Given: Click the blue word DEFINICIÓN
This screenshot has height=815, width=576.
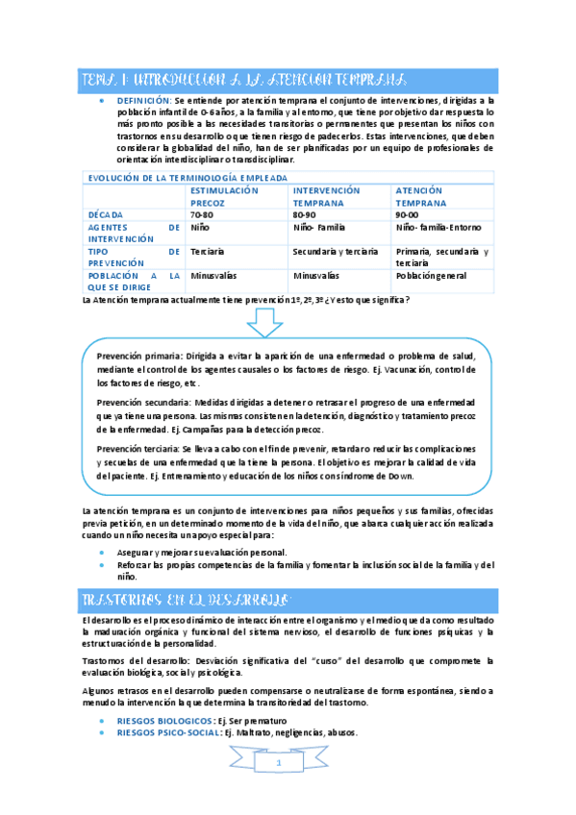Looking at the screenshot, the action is (x=144, y=99).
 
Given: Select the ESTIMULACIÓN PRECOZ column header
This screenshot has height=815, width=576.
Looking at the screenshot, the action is (x=224, y=197).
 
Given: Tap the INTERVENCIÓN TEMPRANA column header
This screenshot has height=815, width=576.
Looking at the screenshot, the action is (x=326, y=197).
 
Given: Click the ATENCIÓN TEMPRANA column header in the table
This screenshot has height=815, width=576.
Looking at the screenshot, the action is (x=420, y=197).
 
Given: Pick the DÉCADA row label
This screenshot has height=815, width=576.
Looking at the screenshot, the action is (x=106, y=214).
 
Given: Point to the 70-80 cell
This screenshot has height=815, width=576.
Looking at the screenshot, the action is (x=202, y=214).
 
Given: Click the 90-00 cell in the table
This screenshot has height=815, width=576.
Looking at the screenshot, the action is (x=409, y=214).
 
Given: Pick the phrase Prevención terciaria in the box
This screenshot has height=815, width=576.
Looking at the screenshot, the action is (x=138, y=448).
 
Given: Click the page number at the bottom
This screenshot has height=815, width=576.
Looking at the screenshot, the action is (x=279, y=763).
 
